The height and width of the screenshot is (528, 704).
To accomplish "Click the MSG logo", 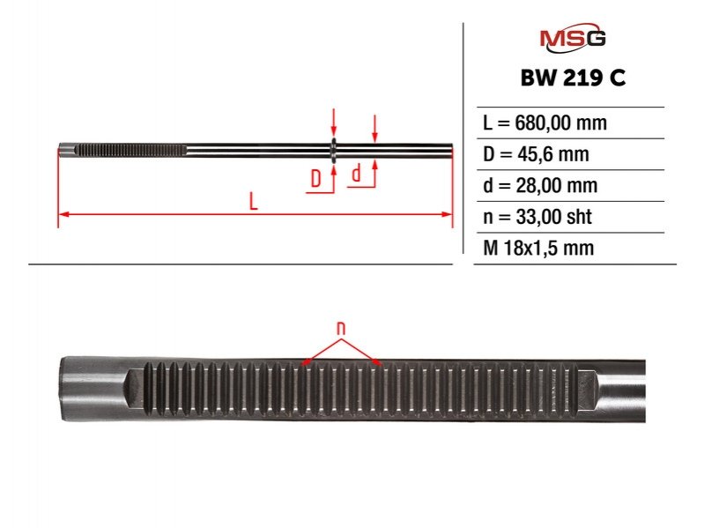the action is [x=573, y=38].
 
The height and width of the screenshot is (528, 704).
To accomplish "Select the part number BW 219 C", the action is [x=573, y=78].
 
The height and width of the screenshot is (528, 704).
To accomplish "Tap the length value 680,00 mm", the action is [x=560, y=123].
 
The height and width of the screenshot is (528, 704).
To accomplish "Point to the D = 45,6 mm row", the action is [x=536, y=154].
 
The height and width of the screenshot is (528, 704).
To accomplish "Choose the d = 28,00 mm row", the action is [x=540, y=185].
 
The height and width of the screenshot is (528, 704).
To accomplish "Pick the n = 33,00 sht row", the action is [x=537, y=217].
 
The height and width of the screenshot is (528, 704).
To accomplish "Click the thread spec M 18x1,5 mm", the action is [x=538, y=248].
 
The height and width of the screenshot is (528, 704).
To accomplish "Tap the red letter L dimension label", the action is [x=254, y=201].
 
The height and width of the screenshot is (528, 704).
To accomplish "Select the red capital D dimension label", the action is [x=316, y=179].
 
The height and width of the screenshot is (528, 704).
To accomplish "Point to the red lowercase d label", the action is [x=357, y=174].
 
